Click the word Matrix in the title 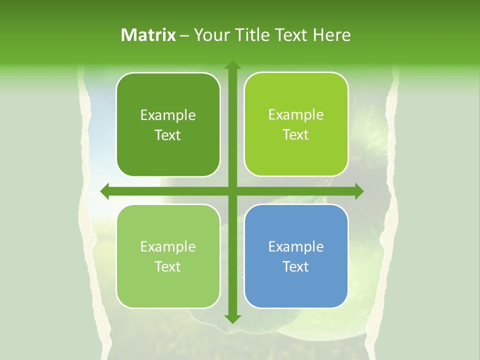(148, 35)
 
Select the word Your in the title (210, 35)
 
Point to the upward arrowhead (232, 65)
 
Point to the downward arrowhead (232, 318)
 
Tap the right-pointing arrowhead (358, 191)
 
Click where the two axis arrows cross (232, 191)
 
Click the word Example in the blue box (296, 246)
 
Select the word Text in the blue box (296, 266)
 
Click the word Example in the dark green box (168, 115)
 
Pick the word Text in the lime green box (296, 134)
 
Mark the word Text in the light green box (168, 266)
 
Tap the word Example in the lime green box (296, 115)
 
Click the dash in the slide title (184, 35)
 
